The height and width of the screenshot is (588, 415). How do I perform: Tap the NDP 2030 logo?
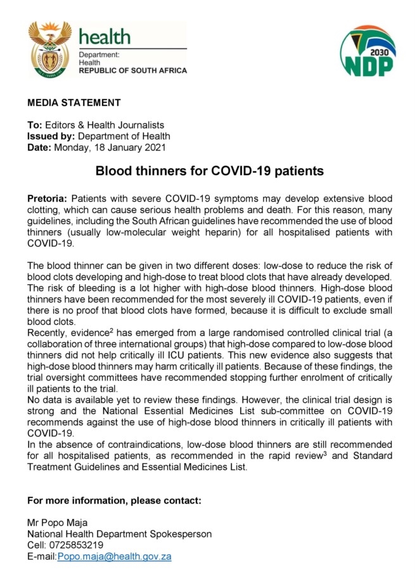pos(367,53)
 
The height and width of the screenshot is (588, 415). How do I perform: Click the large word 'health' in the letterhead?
pos(105,36)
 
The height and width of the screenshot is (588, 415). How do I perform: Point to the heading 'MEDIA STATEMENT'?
pos(73,103)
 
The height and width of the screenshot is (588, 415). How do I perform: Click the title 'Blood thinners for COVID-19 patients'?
pos(210,171)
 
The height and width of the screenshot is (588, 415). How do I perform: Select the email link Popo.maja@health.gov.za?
pos(115,556)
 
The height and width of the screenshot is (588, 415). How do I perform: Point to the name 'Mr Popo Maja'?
pos(53,522)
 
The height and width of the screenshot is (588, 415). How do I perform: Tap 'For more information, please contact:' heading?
pos(114,500)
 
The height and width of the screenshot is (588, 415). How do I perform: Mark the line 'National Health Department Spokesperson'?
pos(119,533)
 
